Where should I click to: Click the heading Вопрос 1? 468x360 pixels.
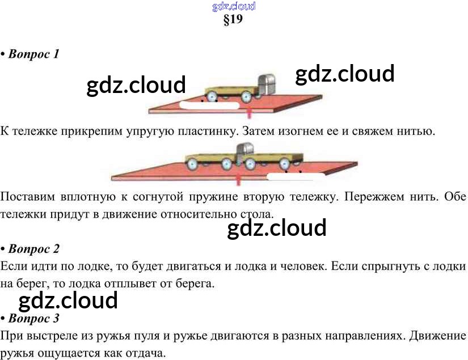pos(33,54)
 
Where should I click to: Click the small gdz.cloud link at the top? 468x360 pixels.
pos(234,7)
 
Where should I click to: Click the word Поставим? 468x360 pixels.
pos(27,197)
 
